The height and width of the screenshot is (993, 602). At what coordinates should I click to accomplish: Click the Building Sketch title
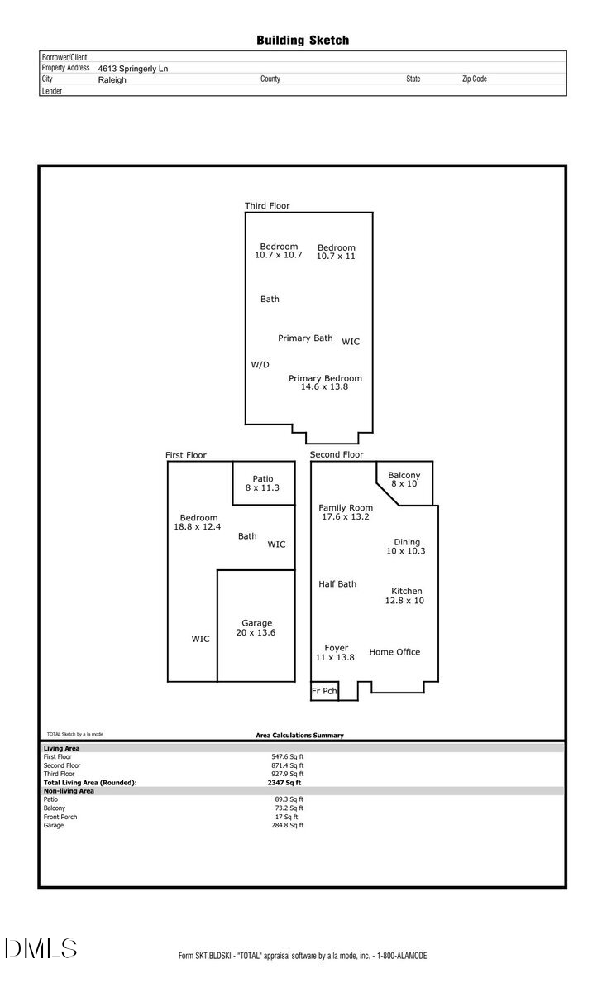(303, 40)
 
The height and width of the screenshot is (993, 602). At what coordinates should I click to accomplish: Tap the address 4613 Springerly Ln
(132, 69)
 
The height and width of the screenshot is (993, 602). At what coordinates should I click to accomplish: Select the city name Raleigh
(112, 80)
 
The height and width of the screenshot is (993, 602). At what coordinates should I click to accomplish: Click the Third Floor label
(267, 205)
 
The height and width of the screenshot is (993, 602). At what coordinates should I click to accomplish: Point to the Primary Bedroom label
(325, 382)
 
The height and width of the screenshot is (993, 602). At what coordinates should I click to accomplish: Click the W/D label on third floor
(260, 365)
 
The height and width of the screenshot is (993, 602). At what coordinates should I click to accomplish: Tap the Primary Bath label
(305, 338)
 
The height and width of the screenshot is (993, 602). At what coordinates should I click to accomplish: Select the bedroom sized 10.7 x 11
(336, 252)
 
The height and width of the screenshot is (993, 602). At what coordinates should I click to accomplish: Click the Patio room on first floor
(262, 483)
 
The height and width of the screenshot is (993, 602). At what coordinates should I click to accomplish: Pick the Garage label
(256, 627)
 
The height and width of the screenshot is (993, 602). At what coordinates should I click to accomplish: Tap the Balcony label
(404, 478)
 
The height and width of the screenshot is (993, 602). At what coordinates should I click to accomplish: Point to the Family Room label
(346, 511)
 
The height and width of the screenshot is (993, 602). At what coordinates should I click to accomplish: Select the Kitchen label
(406, 595)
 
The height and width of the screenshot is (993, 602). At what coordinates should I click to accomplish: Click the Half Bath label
(337, 584)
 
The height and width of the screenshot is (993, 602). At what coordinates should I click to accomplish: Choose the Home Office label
(394, 652)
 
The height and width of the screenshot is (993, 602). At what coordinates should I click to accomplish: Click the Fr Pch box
(324, 691)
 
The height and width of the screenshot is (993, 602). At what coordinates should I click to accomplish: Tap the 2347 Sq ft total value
(284, 782)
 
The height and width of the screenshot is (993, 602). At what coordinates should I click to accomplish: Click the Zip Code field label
(474, 79)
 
